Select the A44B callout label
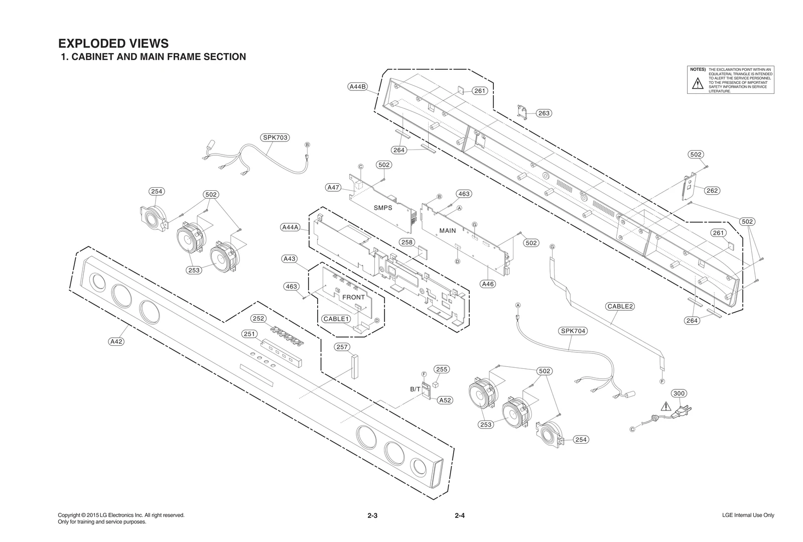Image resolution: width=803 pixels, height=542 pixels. point(358,86)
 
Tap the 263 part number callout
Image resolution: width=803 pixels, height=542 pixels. point(544,113)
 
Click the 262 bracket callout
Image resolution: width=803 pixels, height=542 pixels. point(712,190)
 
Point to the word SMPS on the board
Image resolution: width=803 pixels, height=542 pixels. point(383,207)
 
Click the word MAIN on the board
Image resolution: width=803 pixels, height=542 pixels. point(448,230)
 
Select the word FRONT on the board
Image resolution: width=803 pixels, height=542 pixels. point(353,297)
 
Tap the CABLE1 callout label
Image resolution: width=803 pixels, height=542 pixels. point(335,319)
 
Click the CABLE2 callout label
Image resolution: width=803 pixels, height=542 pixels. point(620,306)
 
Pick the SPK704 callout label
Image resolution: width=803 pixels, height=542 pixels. point(573,331)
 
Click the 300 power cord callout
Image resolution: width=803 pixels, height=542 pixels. point(679,393)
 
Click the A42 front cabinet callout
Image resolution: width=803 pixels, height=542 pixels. point(116,341)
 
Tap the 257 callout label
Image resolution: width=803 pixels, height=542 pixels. point(342,347)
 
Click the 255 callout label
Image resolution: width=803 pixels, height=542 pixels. point(441,369)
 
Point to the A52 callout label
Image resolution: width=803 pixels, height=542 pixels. point(445,400)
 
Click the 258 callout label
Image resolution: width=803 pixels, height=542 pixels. point(407,242)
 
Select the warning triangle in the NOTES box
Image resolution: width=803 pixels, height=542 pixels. point(698,84)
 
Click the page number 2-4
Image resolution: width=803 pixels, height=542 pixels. point(460,515)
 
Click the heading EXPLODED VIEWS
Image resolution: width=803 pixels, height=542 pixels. point(113,43)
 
